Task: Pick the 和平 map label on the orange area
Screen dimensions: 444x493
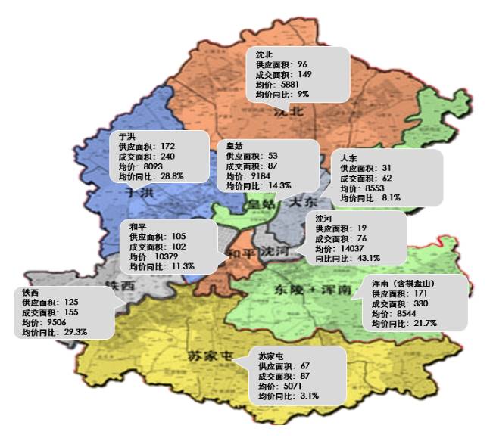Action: pos(236,253)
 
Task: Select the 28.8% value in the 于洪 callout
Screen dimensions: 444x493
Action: pos(167,175)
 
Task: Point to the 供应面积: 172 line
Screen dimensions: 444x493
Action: pos(147,146)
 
